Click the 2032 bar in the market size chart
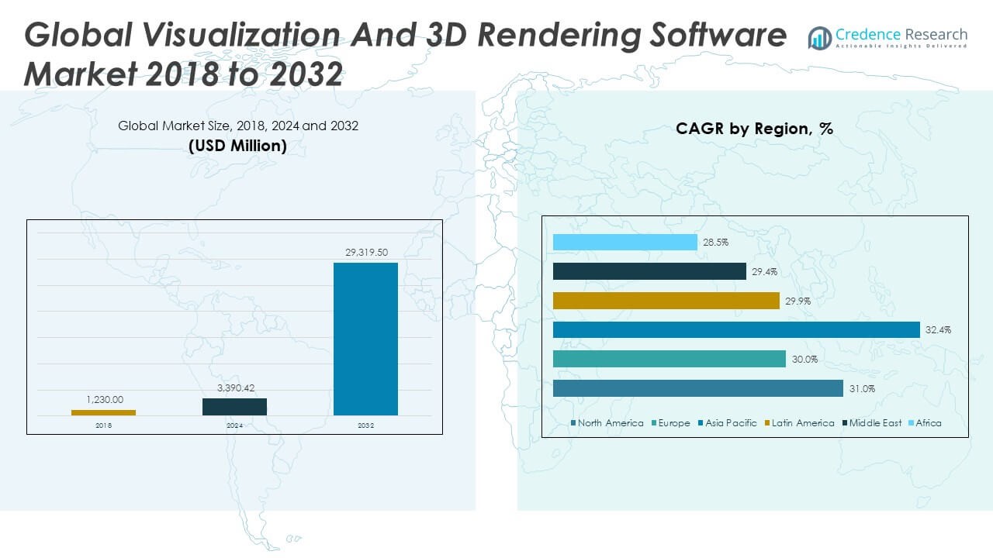tap(365, 339)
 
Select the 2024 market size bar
tap(234, 407)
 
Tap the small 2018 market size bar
tap(103, 412)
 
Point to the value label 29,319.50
tap(365, 253)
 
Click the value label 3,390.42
tap(234, 388)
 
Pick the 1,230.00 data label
tap(104, 400)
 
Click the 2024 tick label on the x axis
tap(234, 425)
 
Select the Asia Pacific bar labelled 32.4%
tap(736, 330)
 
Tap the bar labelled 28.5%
tap(625, 243)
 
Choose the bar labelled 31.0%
tap(698, 388)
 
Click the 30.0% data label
tap(804, 360)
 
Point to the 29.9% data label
tap(798, 301)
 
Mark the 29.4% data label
tap(764, 272)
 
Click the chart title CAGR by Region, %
tap(754, 129)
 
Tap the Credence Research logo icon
tap(819, 37)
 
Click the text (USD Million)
tap(237, 146)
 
